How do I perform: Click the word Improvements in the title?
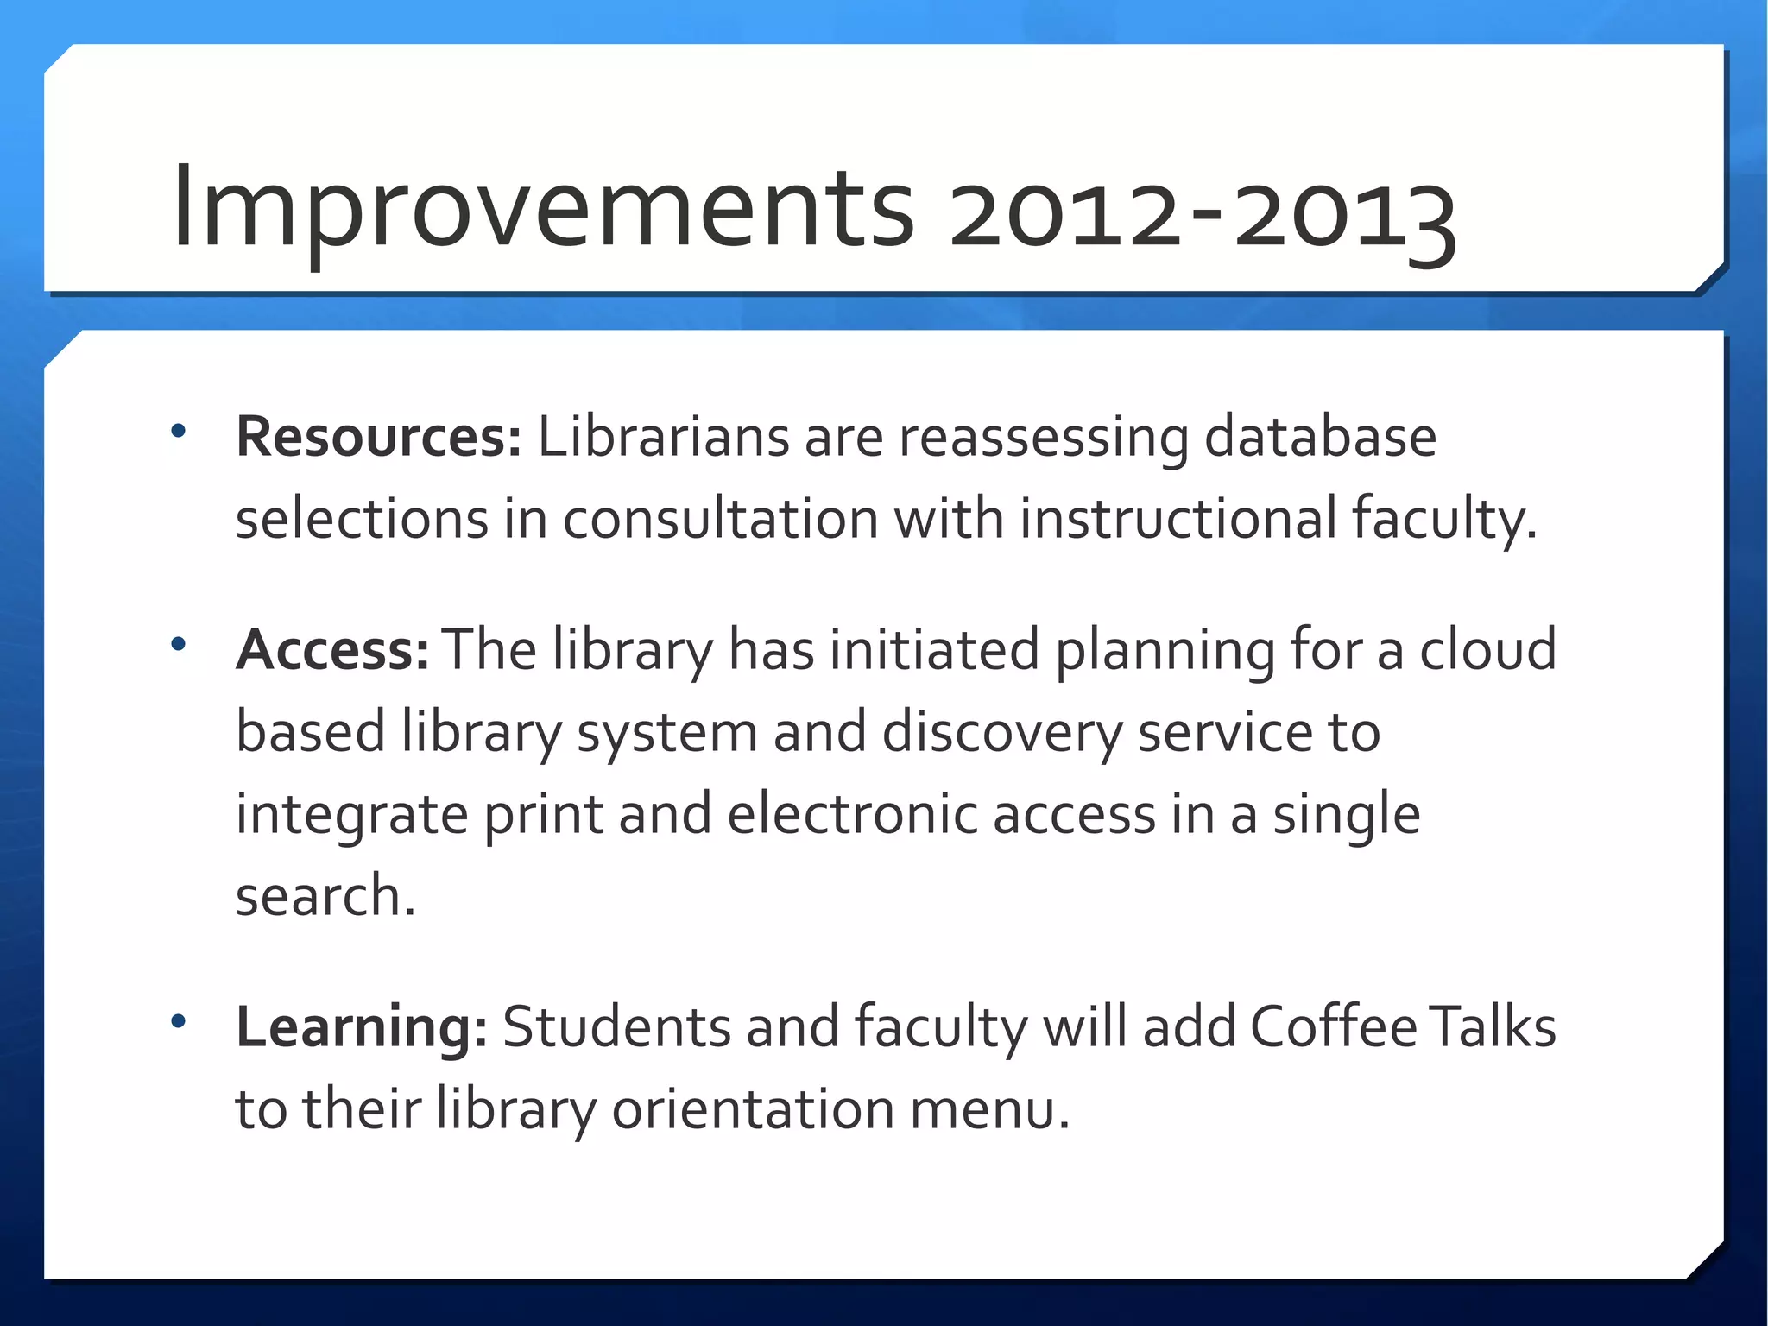(x=542, y=209)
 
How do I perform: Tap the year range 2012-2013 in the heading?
(x=1203, y=214)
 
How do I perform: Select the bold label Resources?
(x=378, y=437)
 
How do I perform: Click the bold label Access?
(x=332, y=650)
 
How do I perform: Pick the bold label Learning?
(x=362, y=1027)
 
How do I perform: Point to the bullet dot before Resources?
(x=179, y=431)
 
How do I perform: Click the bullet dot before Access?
(x=179, y=644)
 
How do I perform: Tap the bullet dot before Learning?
(x=179, y=1022)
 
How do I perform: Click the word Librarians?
(x=663, y=437)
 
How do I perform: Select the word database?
(x=1320, y=437)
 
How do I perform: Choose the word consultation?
(x=721, y=520)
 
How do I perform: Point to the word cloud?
(x=1488, y=650)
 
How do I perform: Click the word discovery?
(x=1001, y=733)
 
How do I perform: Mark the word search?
(x=325, y=897)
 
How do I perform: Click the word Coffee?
(x=1333, y=1027)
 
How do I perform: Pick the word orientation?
(x=753, y=1110)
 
